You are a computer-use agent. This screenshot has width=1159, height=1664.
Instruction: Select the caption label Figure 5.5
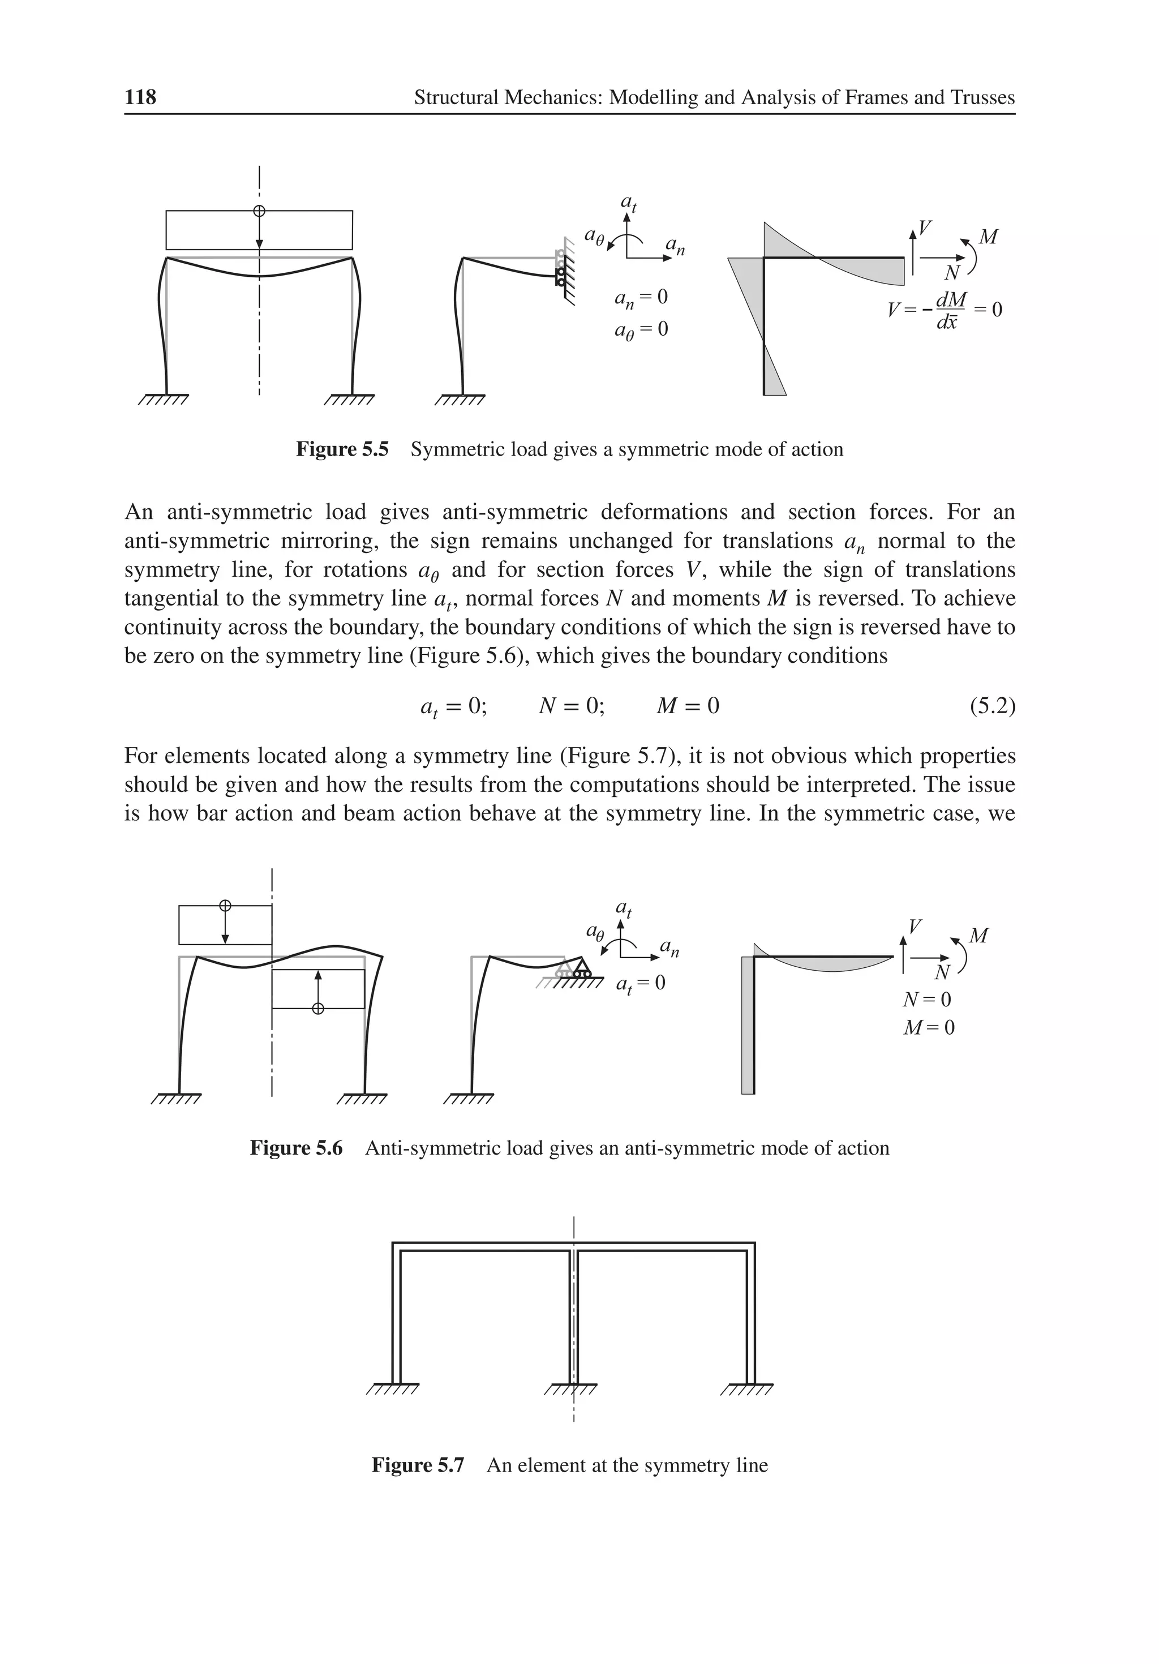point(342,449)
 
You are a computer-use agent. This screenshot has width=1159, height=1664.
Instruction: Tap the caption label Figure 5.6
point(296,1148)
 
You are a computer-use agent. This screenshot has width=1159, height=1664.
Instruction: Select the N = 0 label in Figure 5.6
point(926,1000)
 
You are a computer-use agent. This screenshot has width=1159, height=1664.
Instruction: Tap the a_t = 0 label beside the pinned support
point(640,984)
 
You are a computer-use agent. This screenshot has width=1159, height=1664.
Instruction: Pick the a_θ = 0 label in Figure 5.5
point(641,330)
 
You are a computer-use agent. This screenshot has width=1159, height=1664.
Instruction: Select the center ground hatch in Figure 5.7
point(570,1390)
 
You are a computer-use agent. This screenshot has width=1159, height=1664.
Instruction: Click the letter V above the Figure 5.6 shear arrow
point(916,926)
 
